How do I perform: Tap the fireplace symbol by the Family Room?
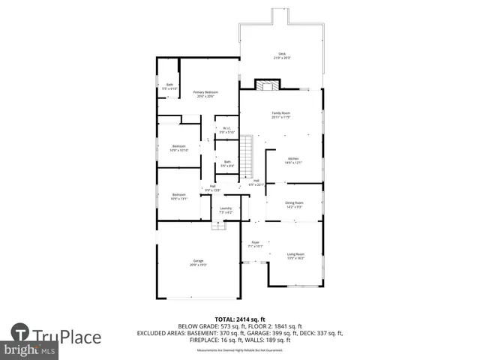pos(265,85)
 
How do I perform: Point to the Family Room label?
pos(280,115)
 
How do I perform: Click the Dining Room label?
pos(294,205)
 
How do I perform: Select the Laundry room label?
pos(226,210)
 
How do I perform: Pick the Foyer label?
pos(255,244)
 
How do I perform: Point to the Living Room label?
pos(295,256)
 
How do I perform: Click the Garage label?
pos(198,262)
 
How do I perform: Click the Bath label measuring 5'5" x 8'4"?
pos(227,163)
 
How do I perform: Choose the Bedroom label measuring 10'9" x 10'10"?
pos(179,148)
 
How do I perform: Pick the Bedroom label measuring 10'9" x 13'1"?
pos(178,196)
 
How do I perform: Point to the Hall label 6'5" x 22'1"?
pos(256,183)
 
